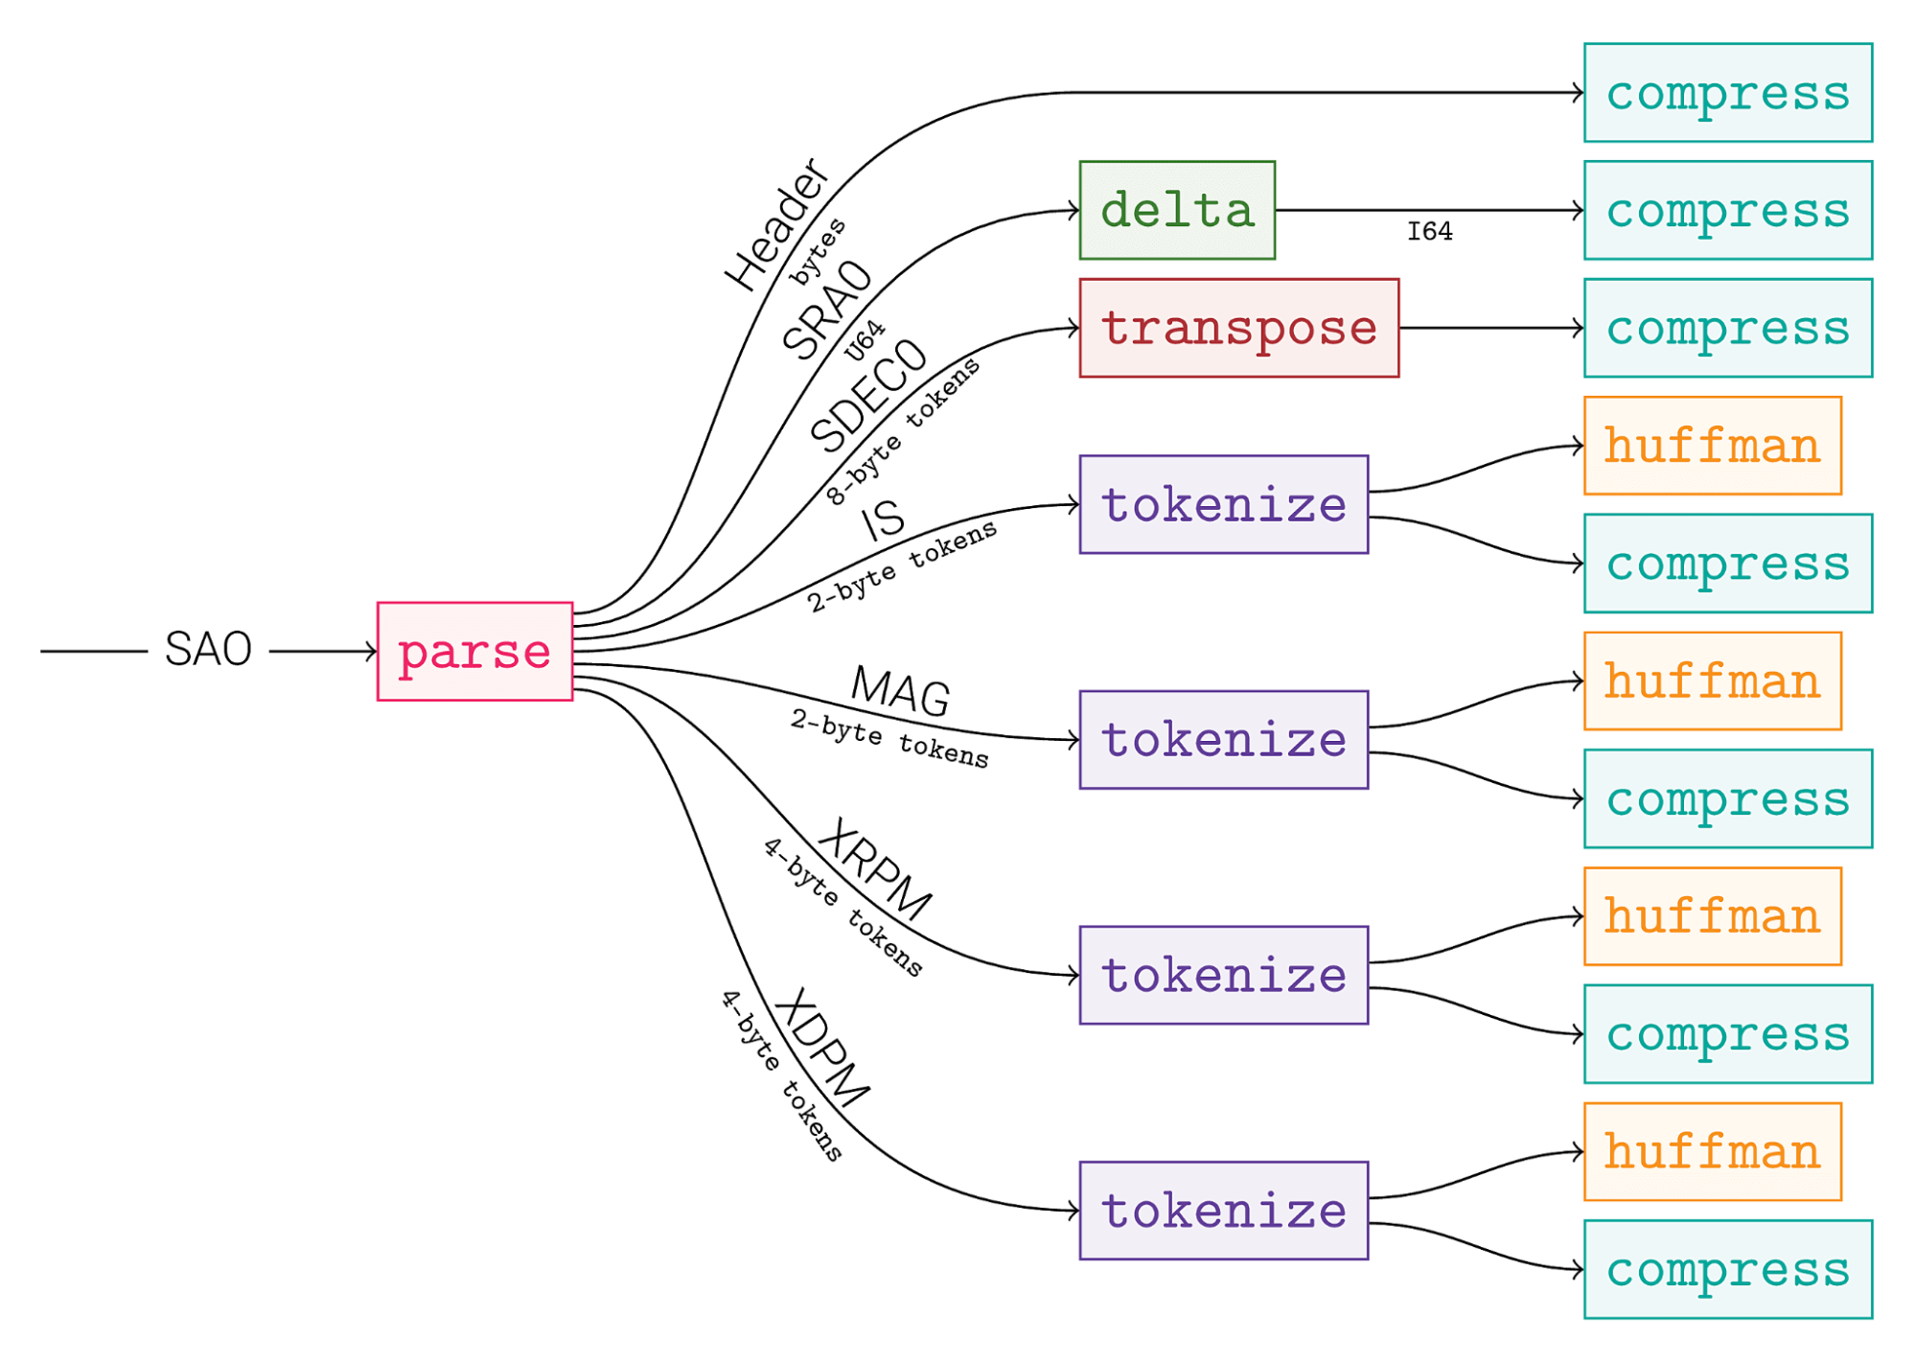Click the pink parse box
pyautogui.click(x=474, y=652)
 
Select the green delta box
pyautogui.click(x=1177, y=210)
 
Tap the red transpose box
pyautogui.click(x=1238, y=328)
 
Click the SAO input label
pyautogui.click(x=208, y=650)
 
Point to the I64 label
pyautogui.click(x=1429, y=232)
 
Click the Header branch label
pyautogui.click(x=777, y=225)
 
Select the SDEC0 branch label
pyautogui.click(x=868, y=395)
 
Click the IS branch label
pyautogui.click(x=883, y=520)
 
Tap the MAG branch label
pyautogui.click(x=900, y=690)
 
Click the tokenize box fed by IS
pyautogui.click(x=1223, y=504)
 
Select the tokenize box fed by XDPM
pyautogui.click(x=1223, y=1211)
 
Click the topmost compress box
pyautogui.click(x=1727, y=93)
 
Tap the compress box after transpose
pyautogui.click(x=1727, y=328)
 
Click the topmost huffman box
pyautogui.click(x=1712, y=446)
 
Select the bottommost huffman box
pyautogui.click(x=1712, y=1151)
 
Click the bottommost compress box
pyautogui.click(x=1727, y=1269)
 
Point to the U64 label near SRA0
pyautogui.click(x=865, y=341)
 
